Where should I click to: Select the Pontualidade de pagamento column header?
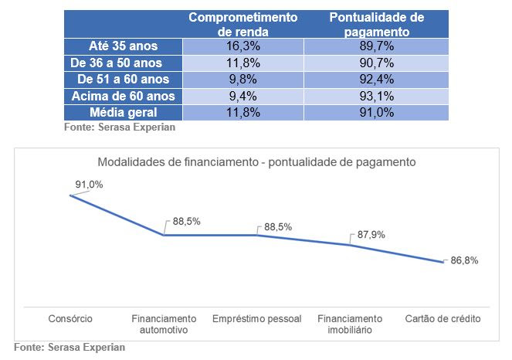376,24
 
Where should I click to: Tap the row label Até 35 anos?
124,46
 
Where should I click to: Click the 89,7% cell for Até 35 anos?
376,46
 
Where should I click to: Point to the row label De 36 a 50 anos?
124,63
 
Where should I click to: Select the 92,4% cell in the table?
376,80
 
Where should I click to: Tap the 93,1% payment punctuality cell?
376,96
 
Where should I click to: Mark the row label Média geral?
124,112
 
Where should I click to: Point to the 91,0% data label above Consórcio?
89,185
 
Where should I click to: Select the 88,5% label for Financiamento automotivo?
187,221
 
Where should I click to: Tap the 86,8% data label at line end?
464,260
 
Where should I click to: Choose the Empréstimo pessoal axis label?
256,319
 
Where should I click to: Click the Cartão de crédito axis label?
442,319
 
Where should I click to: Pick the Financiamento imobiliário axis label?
350,324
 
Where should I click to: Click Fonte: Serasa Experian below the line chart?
70,348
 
